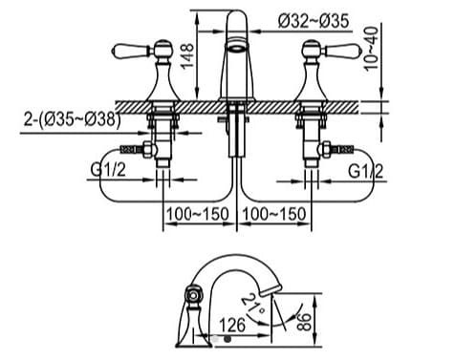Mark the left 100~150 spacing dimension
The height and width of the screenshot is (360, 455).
[197, 213]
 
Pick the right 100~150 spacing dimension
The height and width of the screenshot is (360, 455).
[274, 213]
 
